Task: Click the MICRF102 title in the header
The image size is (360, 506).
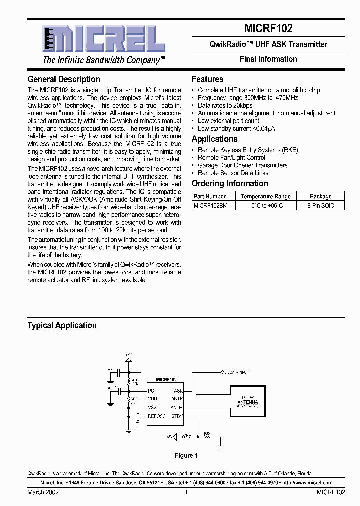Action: pyautogui.click(x=268, y=29)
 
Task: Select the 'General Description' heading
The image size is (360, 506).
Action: pyautogui.click(x=64, y=79)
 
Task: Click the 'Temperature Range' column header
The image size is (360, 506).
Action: pyautogui.click(x=265, y=197)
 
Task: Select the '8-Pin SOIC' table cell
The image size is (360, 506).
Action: pyautogui.click(x=320, y=205)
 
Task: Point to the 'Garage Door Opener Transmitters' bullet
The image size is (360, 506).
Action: pyautogui.click(x=242, y=165)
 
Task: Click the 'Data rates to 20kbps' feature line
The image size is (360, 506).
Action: pyautogui.click(x=225, y=106)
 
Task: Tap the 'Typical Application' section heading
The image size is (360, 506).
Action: pyautogui.click(x=62, y=325)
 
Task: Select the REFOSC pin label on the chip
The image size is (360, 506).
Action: pyautogui.click(x=157, y=416)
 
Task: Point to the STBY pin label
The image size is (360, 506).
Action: pyautogui.click(x=177, y=416)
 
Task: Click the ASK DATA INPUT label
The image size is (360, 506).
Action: pyautogui.click(x=235, y=373)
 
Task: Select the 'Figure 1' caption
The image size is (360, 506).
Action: pyautogui.click(x=186, y=455)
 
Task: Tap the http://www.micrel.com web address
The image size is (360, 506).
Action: pyautogui.click(x=307, y=483)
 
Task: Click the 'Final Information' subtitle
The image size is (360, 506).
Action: pyautogui.click(x=268, y=59)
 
